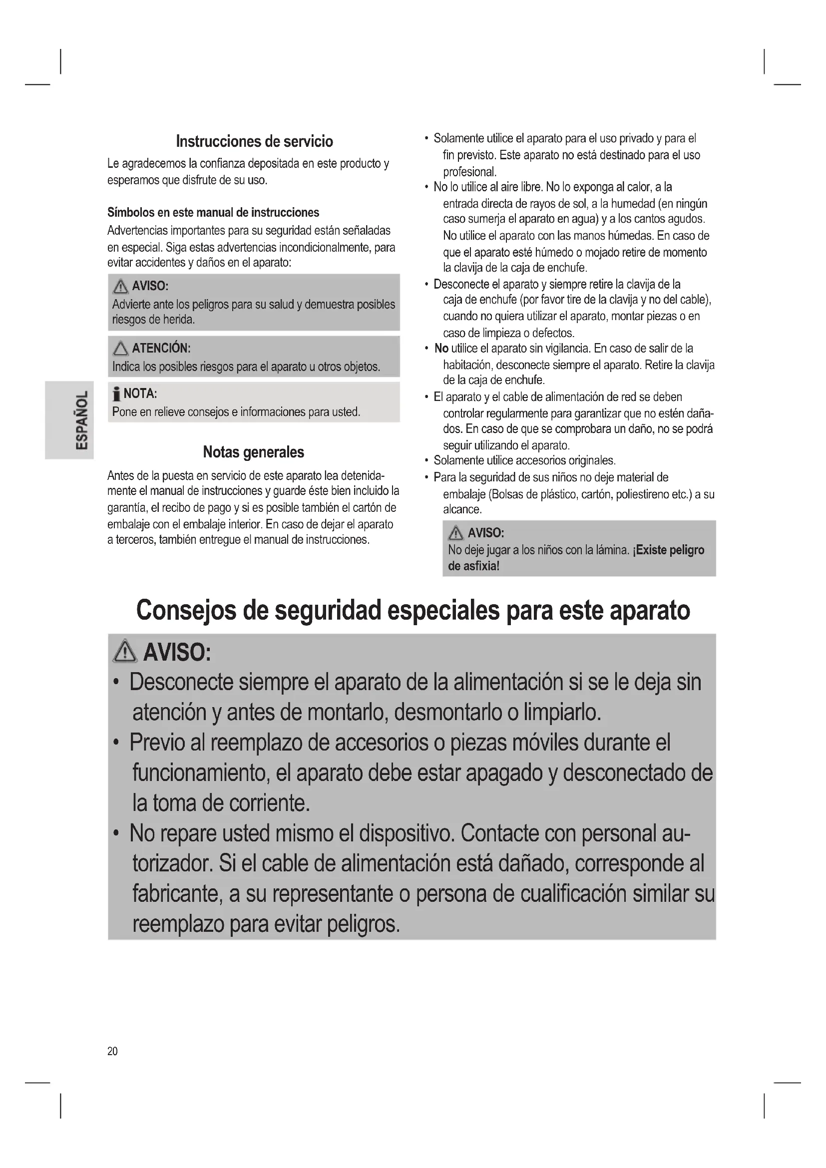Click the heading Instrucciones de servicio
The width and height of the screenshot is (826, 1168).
(254, 141)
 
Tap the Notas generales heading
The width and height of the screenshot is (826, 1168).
(253, 452)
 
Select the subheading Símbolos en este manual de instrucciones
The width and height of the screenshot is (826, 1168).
(213, 212)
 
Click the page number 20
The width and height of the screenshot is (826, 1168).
(112, 1051)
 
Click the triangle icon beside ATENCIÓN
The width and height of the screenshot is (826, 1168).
(120, 349)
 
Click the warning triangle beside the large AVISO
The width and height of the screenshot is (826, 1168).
(125, 652)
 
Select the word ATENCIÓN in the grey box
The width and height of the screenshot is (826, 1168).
(161, 348)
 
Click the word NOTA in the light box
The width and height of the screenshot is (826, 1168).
(140, 393)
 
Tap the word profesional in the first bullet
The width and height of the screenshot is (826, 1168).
(469, 172)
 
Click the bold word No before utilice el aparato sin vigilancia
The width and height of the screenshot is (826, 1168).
(441, 349)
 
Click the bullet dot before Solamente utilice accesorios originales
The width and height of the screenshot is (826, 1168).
(426, 461)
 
